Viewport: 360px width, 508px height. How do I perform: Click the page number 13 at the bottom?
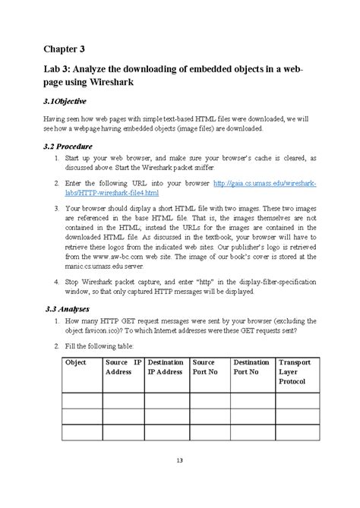point(180,461)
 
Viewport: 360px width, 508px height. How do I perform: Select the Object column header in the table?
point(76,363)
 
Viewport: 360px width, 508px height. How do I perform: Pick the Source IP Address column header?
point(123,368)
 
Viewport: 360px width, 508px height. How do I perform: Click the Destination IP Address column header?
point(166,368)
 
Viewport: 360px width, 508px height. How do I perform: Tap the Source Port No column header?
point(209,368)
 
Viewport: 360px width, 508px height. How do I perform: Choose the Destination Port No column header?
point(251,368)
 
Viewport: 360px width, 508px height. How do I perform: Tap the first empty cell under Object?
point(81,400)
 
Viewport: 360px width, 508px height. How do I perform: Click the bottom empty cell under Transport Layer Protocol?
point(297,433)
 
